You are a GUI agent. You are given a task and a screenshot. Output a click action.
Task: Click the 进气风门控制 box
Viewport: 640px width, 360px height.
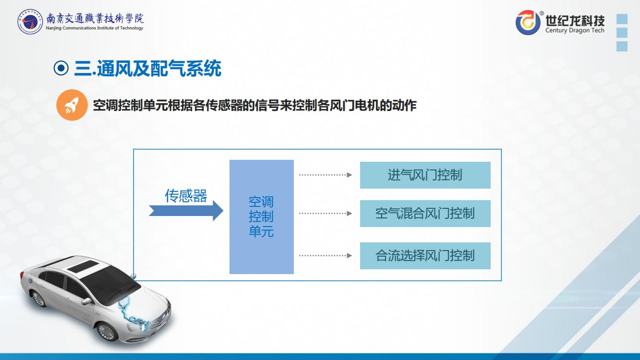[425, 175]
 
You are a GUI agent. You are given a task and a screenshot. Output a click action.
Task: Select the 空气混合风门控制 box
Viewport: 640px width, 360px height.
[425, 214]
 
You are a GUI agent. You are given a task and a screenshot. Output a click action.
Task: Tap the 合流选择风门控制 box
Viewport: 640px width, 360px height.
[425, 256]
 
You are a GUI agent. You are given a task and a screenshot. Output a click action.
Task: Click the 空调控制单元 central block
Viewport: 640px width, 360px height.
[262, 217]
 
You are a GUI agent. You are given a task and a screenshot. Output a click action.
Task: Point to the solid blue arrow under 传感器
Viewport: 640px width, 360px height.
[186, 211]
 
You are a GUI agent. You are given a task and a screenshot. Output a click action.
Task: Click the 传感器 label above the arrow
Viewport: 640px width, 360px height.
[186, 196]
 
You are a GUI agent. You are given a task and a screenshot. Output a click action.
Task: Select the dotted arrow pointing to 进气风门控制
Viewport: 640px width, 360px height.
[326, 175]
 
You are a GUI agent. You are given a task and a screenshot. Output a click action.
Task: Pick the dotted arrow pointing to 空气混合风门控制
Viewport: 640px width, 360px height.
[326, 214]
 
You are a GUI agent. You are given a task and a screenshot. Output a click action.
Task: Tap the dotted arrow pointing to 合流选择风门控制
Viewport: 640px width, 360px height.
[326, 255]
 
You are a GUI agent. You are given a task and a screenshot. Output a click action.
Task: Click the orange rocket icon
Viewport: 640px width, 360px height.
[72, 105]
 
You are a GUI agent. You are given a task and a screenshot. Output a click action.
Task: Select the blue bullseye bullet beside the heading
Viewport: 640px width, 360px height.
[61, 68]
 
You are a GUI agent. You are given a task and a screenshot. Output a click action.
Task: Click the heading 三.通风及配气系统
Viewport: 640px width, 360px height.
[148, 68]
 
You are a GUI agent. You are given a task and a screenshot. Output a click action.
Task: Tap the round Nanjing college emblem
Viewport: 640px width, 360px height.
[30, 22]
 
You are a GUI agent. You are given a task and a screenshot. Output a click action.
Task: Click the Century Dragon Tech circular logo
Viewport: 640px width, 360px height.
[528, 23]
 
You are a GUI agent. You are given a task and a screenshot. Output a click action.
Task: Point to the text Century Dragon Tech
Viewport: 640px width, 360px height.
[575, 30]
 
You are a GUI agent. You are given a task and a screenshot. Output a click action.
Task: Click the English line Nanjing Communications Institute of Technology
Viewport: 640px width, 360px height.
[95, 28]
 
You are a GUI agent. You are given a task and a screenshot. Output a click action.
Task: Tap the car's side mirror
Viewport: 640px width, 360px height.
[86, 301]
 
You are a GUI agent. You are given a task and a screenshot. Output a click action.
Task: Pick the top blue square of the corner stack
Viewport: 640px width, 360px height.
[622, 19]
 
